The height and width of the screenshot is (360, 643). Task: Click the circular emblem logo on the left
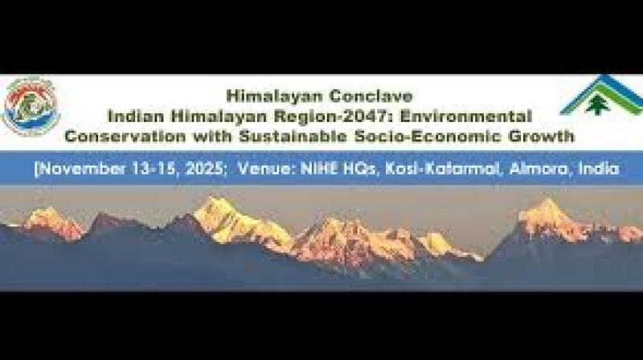pos(31,105)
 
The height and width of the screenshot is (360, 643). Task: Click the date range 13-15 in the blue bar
pos(137,170)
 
